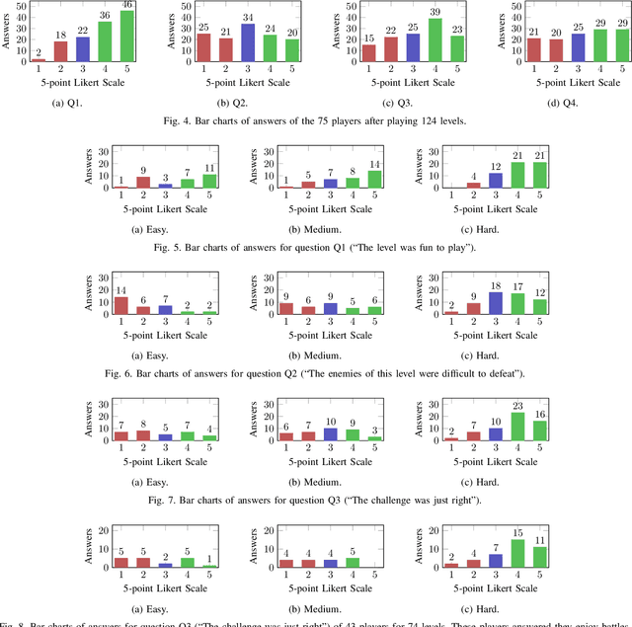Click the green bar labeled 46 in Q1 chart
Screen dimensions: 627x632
pyautogui.click(x=126, y=36)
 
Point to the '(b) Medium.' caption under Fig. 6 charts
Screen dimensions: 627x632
pyautogui.click(x=311, y=353)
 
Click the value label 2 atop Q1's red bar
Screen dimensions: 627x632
pyautogui.click(x=39, y=52)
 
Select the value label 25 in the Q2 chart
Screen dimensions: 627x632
pyautogui.click(x=204, y=27)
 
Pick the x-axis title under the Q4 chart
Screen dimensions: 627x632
pyautogui.click(x=561, y=83)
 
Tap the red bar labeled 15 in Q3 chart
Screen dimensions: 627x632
pyautogui.click(x=366, y=52)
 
